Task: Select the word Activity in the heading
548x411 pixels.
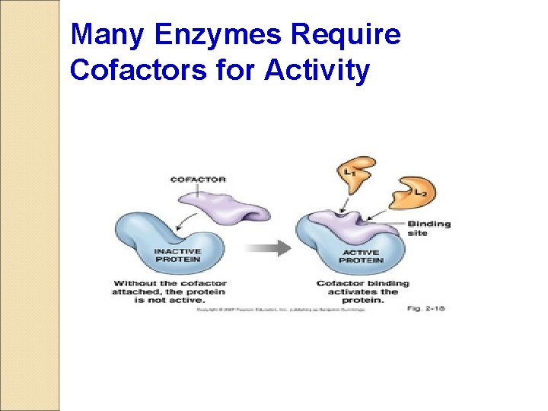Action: click(x=318, y=70)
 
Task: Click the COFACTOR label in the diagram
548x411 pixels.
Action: click(x=198, y=180)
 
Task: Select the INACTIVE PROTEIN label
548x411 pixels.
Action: click(x=177, y=255)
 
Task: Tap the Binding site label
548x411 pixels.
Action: click(x=428, y=228)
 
